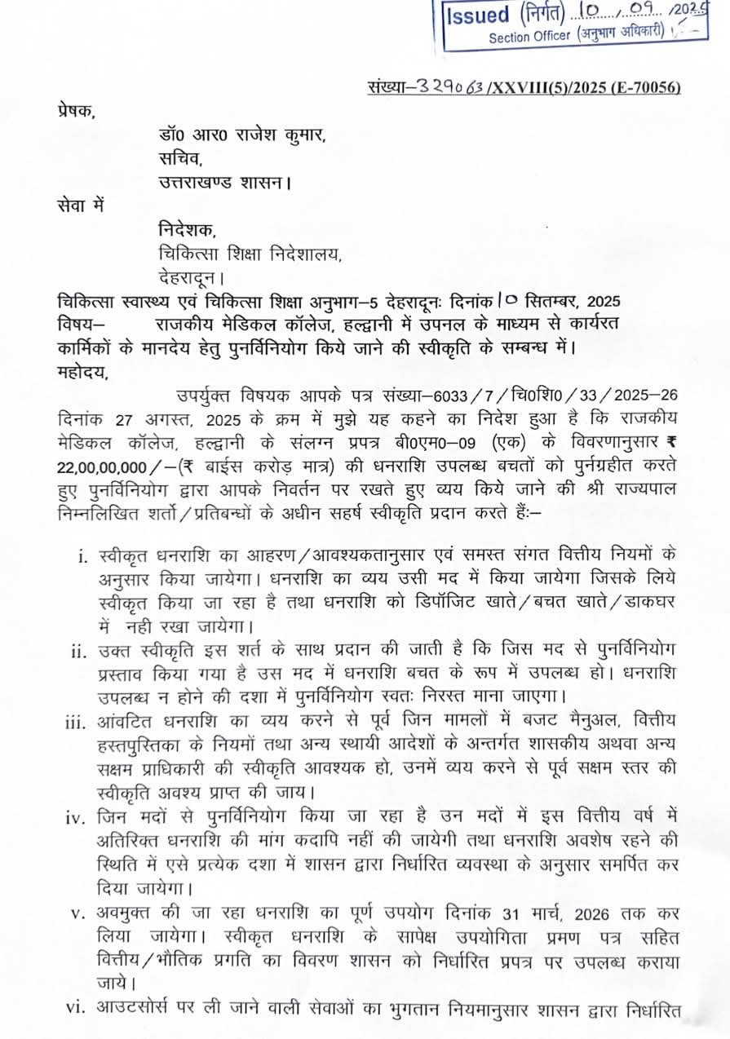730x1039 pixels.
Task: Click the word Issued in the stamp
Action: pyautogui.click(x=479, y=15)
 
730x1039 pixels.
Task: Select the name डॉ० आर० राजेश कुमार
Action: pyautogui.click(x=242, y=135)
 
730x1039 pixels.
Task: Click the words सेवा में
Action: pyautogui.click(x=82, y=206)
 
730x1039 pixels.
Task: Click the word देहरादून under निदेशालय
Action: pyautogui.click(x=196, y=276)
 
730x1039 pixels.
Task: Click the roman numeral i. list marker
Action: pyautogui.click(x=82, y=557)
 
